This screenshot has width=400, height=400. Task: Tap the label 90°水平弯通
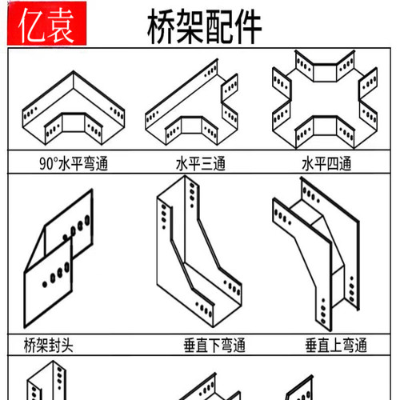pos(74,165)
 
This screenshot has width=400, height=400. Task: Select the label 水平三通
pos(201,165)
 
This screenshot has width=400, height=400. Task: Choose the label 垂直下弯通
pos(213,346)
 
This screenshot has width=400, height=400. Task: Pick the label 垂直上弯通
pos(335,346)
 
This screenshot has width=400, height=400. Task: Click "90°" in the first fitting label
pos(50,165)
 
